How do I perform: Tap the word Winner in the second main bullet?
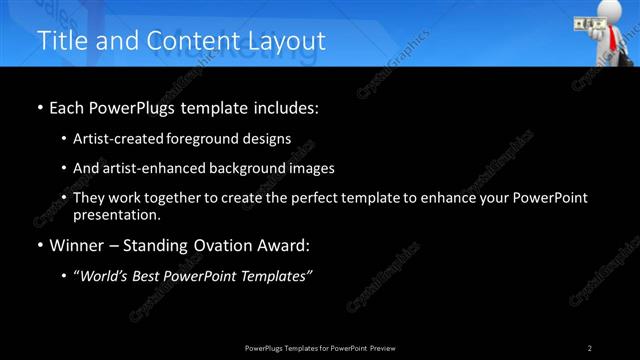(x=79, y=245)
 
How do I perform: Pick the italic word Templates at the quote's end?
(x=274, y=276)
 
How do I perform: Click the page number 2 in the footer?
(x=589, y=347)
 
